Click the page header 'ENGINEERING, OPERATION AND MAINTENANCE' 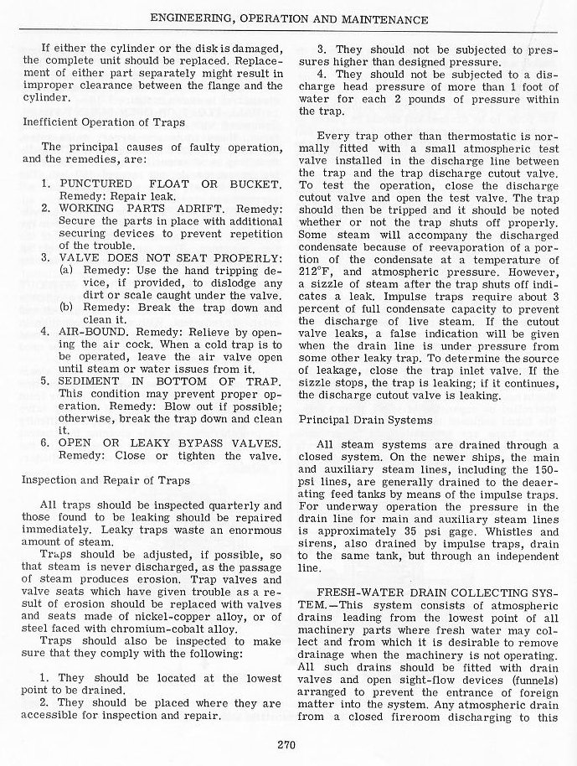point(289,18)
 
